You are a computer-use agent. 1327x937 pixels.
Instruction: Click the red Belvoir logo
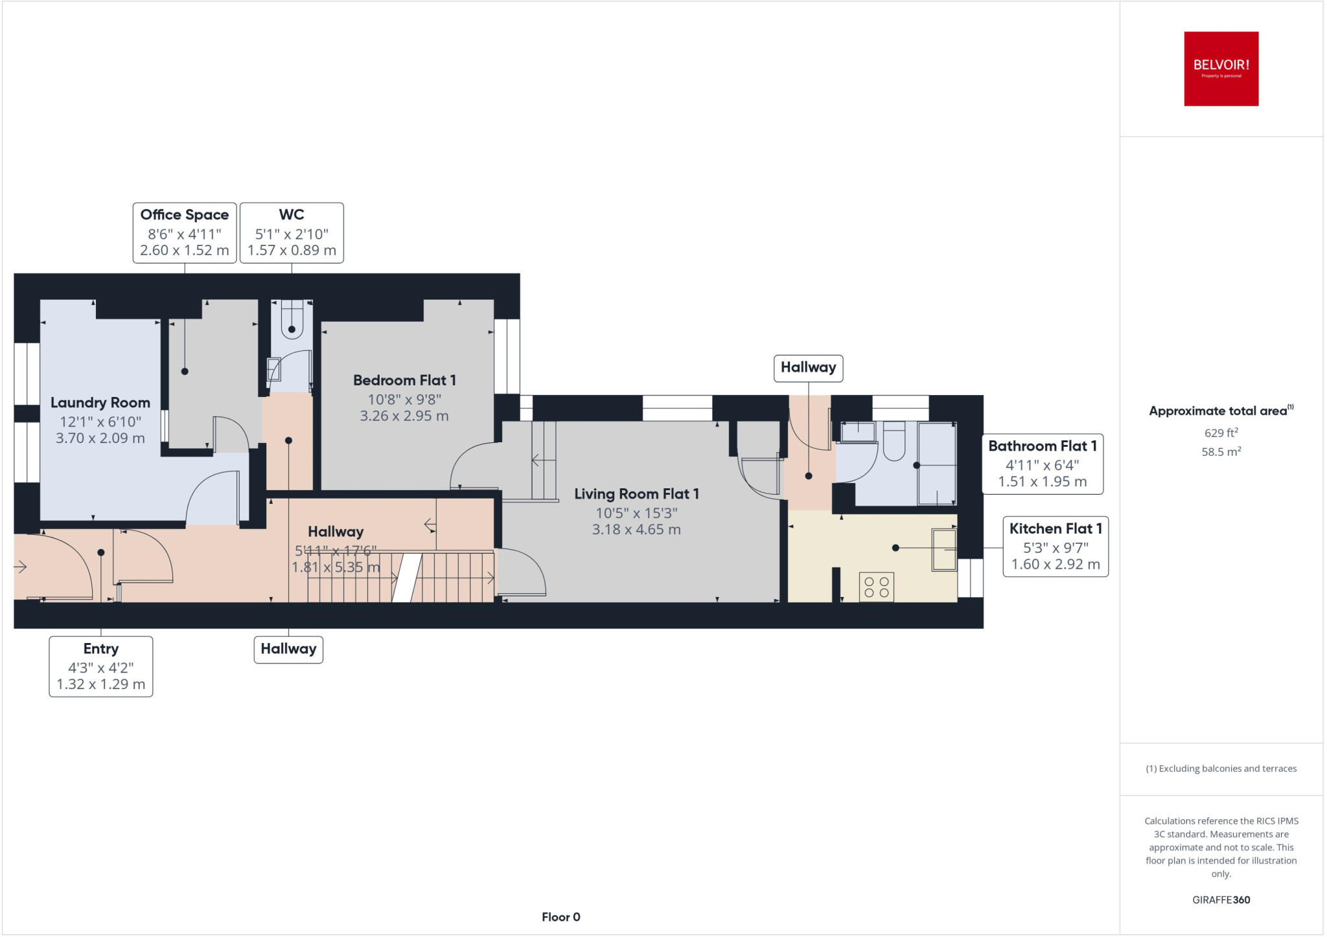click(x=1221, y=69)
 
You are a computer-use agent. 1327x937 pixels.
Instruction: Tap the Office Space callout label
click(x=184, y=232)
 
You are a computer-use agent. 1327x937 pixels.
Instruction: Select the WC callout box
click(x=292, y=232)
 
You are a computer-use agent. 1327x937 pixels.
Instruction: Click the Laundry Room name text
click(x=100, y=403)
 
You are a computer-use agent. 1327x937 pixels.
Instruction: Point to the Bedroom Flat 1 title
click(x=404, y=380)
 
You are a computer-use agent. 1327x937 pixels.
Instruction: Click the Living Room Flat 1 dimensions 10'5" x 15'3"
click(x=636, y=513)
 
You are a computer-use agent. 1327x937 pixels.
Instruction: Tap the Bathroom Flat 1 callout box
click(x=1042, y=464)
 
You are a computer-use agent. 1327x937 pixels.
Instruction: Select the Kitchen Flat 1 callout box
click(x=1056, y=546)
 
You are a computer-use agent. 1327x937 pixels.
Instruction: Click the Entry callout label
click(x=101, y=666)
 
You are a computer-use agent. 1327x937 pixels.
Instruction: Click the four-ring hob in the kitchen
click(x=876, y=587)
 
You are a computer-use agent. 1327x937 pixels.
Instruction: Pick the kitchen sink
click(x=943, y=550)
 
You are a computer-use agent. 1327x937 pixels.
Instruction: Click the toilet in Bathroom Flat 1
click(x=894, y=441)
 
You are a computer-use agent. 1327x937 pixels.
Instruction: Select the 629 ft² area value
click(x=1216, y=433)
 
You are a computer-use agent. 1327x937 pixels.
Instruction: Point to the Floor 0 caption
click(x=560, y=917)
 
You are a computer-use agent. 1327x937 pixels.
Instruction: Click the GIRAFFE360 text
click(x=1221, y=899)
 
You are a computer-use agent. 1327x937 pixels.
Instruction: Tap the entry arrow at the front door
click(x=20, y=567)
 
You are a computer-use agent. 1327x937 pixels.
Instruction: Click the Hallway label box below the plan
click(x=288, y=649)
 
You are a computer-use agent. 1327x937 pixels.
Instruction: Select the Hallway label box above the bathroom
click(x=808, y=368)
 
